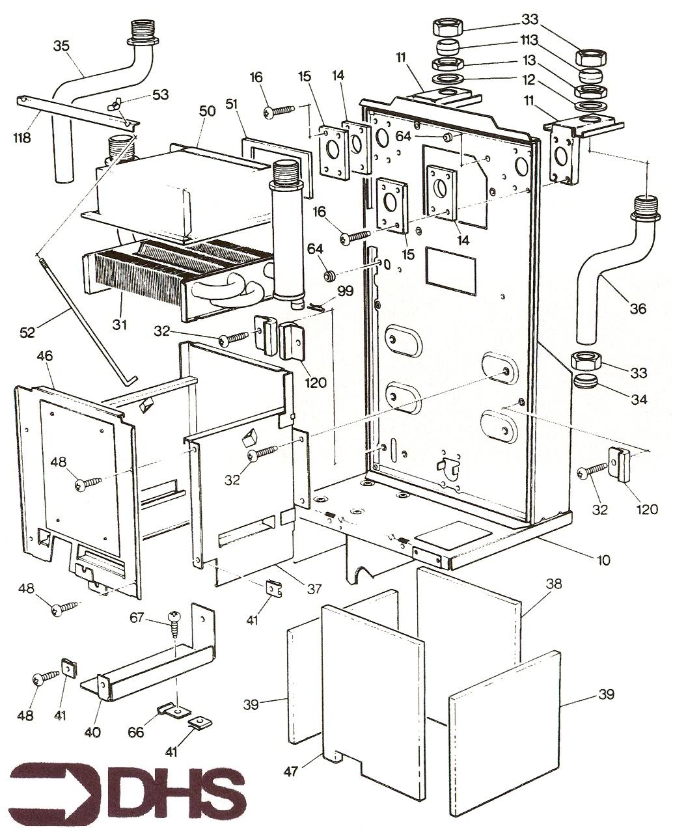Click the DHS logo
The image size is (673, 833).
point(128,792)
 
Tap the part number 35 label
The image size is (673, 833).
point(62,46)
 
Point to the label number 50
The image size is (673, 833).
point(207,112)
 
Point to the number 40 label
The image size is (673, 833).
point(92,731)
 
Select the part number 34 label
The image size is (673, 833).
point(638,399)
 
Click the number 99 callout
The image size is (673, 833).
point(345,291)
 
